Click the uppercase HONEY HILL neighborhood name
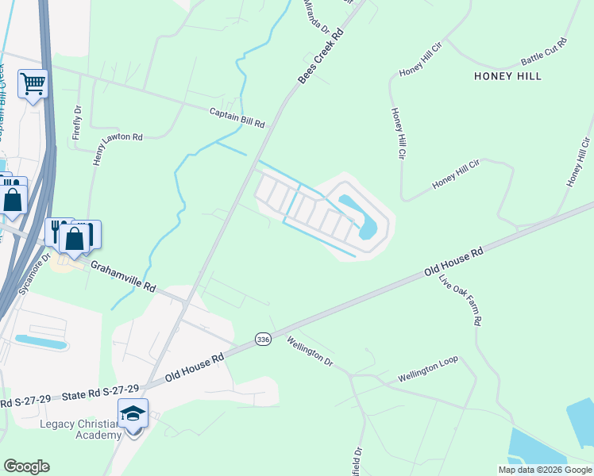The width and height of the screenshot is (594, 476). click(507, 76)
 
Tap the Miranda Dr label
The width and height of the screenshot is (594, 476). click(317, 17)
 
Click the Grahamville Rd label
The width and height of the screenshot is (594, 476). click(122, 278)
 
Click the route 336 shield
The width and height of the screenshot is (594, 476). click(263, 339)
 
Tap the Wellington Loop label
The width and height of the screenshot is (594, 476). click(428, 367)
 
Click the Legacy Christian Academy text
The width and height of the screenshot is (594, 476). click(81, 429)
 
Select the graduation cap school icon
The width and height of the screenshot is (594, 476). click(133, 413)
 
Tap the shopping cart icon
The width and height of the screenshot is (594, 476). click(33, 83)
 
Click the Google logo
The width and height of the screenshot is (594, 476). click(26, 466)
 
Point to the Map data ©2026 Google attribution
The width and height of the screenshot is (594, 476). click(545, 470)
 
